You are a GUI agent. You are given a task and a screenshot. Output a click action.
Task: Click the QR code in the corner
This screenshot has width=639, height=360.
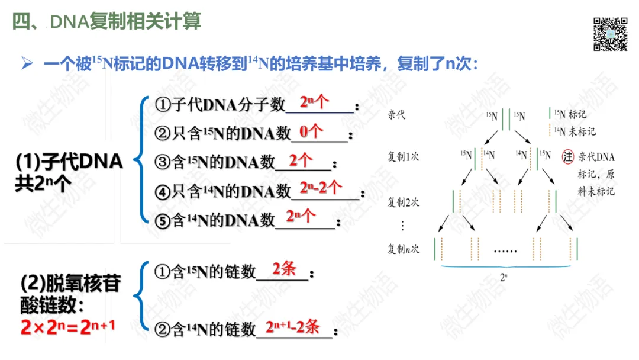tap(610, 34)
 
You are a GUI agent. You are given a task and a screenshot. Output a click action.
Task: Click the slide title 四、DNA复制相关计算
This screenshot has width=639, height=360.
tap(107, 22)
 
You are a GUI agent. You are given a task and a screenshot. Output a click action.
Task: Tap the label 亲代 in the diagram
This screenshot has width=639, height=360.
tap(397, 114)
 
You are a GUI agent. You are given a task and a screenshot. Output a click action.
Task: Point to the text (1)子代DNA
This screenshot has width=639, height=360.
tap(69, 162)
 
